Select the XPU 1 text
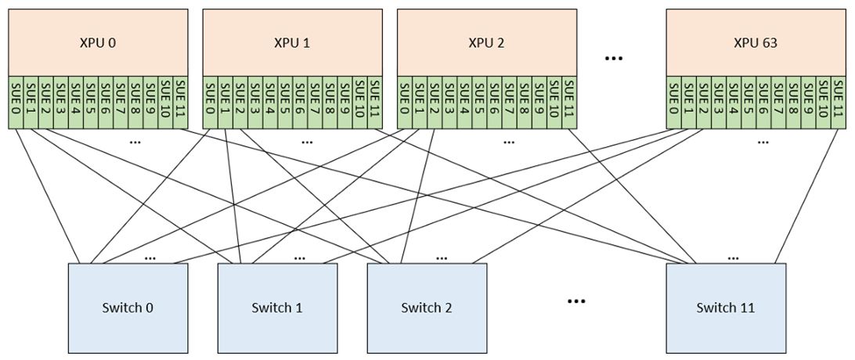click(292, 43)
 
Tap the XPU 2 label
click(486, 43)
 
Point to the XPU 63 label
click(756, 43)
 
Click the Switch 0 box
click(128, 308)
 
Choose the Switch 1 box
click(276, 308)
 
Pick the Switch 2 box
click(427, 308)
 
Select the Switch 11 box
click(725, 308)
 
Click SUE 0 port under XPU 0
click(16, 103)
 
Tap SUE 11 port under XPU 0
click(181, 103)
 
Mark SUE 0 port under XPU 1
click(211, 103)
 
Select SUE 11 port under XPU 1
click(375, 103)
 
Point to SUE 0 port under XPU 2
click(405, 103)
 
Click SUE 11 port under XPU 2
click(569, 103)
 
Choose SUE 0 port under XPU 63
click(674, 103)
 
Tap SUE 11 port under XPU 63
click(839, 103)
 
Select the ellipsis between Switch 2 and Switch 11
click(576, 301)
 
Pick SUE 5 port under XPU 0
click(92, 103)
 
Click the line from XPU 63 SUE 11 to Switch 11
click(806, 196)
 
